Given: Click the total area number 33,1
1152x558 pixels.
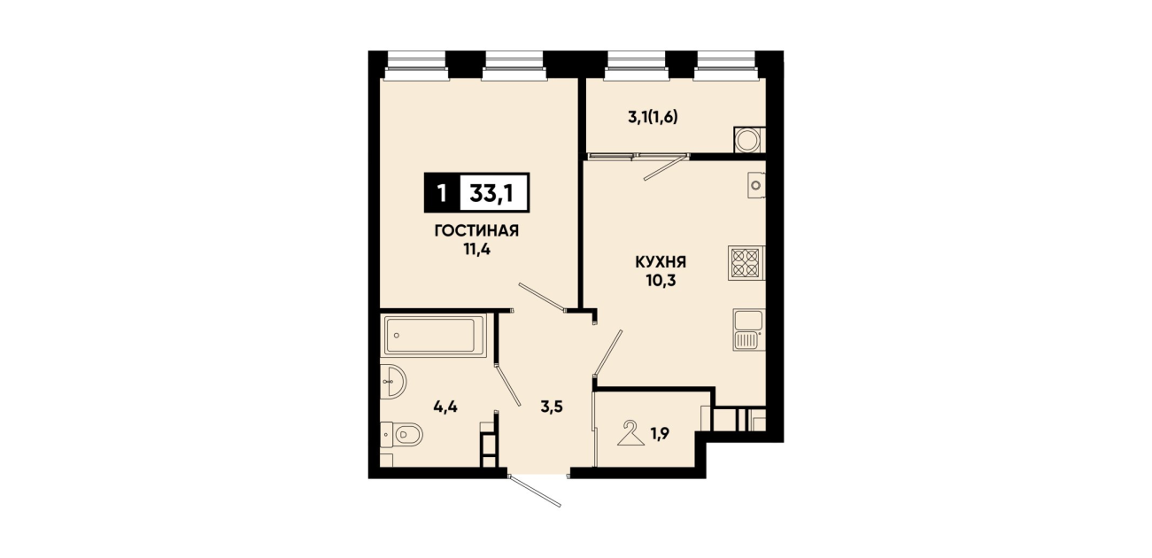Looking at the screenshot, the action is pyautogui.click(x=491, y=193).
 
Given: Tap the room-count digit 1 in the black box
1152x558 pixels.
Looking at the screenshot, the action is pyautogui.click(x=442, y=194).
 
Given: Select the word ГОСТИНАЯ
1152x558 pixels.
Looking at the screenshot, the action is pyautogui.click(x=476, y=231).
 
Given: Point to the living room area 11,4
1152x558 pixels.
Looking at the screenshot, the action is pyautogui.click(x=476, y=251).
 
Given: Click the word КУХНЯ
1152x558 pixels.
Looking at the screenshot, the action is pyautogui.click(x=661, y=262).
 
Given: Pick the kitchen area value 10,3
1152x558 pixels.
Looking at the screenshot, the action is pyautogui.click(x=661, y=282).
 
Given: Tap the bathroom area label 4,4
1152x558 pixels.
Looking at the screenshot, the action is pyautogui.click(x=445, y=407).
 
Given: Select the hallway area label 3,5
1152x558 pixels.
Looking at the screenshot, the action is pyautogui.click(x=552, y=407).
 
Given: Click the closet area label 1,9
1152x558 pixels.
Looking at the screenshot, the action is pyautogui.click(x=660, y=435).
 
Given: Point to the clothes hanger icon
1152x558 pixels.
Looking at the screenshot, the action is pyautogui.click(x=630, y=433).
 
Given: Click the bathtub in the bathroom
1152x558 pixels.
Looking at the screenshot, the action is pyautogui.click(x=434, y=336).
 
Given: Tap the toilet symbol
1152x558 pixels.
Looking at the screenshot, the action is pyautogui.click(x=401, y=436).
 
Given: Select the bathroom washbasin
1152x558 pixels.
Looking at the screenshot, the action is pyautogui.click(x=393, y=382).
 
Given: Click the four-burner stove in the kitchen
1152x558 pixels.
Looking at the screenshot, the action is pyautogui.click(x=746, y=263).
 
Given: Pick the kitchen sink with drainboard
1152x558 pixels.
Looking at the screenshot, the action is pyautogui.click(x=749, y=329).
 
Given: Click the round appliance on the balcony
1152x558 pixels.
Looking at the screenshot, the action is pyautogui.click(x=746, y=139).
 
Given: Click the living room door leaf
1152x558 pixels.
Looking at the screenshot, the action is pyautogui.click(x=542, y=297).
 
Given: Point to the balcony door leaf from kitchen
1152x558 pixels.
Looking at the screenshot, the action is pyautogui.click(x=666, y=167).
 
